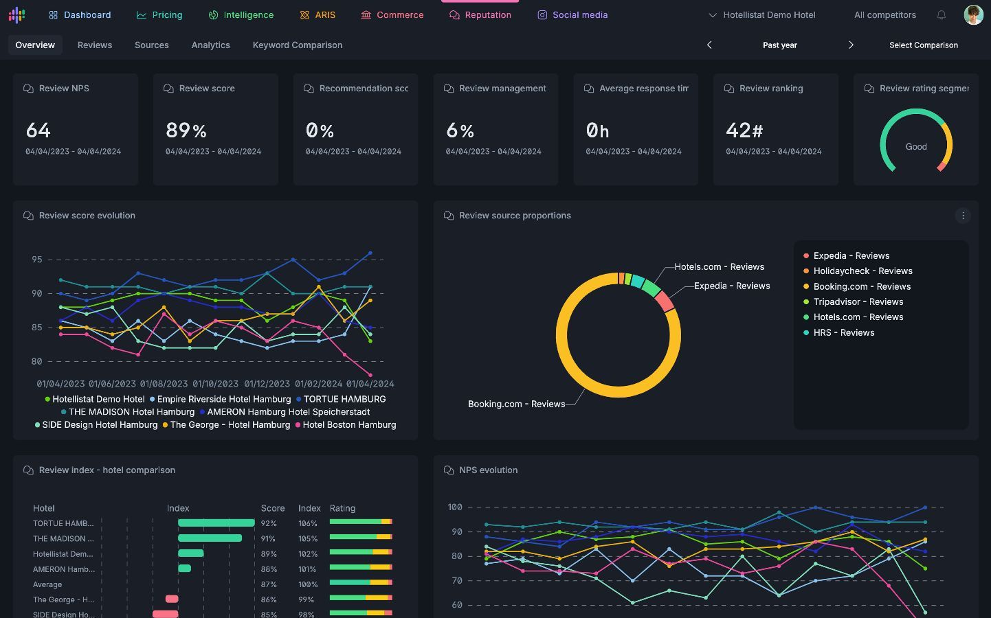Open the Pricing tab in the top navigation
pyautogui.click(x=159, y=15)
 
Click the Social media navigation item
pyautogui.click(x=572, y=15)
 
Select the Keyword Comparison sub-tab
pyautogui.click(x=298, y=45)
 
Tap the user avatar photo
pyautogui.click(x=973, y=15)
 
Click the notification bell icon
pyautogui.click(x=942, y=15)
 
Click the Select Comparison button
pyautogui.click(x=924, y=45)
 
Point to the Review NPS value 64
pyautogui.click(x=38, y=130)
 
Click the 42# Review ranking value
pyautogui.click(x=744, y=130)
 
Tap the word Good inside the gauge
pyautogui.click(x=916, y=147)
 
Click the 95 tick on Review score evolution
pyautogui.click(x=36, y=260)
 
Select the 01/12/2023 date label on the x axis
pyautogui.click(x=267, y=384)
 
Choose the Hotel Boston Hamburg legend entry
pyautogui.click(x=346, y=425)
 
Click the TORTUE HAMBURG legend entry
pyautogui.click(x=341, y=399)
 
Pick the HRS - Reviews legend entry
pyautogui.click(x=839, y=332)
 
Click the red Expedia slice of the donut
pyautogui.click(x=664, y=301)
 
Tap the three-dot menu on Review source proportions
pyautogui.click(x=963, y=216)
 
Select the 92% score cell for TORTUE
pyautogui.click(x=269, y=523)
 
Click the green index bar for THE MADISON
pyautogui.click(x=210, y=538)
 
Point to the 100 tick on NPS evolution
pyautogui.click(x=455, y=507)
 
